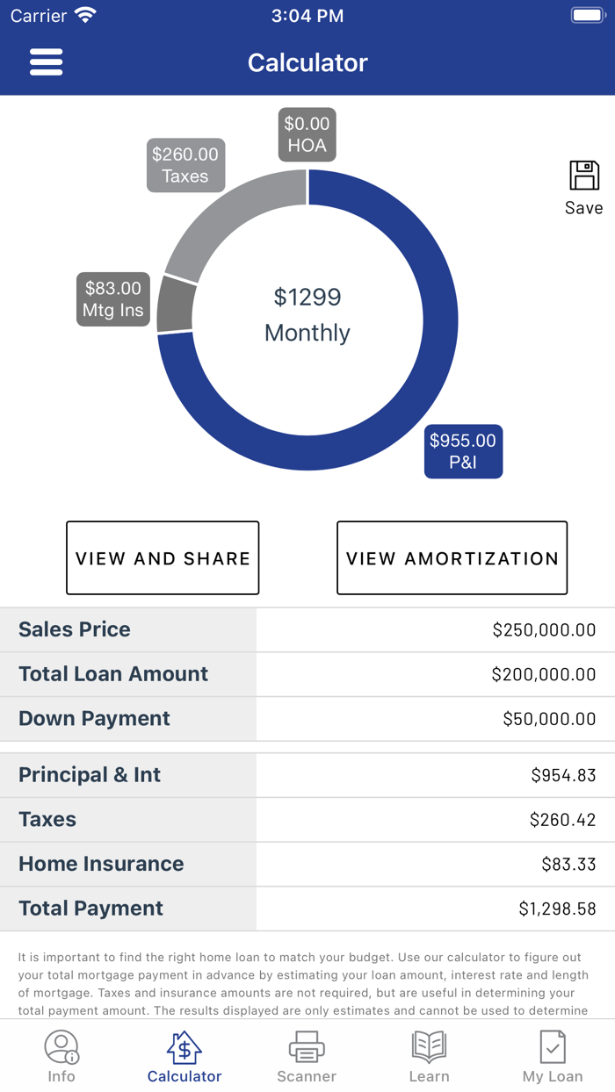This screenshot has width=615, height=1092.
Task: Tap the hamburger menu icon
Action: tap(46, 62)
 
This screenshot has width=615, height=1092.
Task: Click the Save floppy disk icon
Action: tap(583, 176)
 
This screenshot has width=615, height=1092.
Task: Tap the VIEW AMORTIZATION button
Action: tap(452, 558)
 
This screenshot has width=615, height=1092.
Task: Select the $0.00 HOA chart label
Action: tap(307, 134)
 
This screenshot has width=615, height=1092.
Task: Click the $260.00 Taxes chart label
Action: tap(185, 165)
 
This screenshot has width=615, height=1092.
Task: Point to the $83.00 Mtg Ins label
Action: tap(112, 299)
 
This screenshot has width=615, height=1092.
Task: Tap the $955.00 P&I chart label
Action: tap(463, 451)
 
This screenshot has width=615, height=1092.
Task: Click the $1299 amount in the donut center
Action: tap(307, 298)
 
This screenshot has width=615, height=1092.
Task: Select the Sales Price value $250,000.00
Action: tap(544, 629)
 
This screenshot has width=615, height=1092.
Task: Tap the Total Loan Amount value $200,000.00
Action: tap(544, 674)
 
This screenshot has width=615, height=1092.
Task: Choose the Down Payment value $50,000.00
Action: tap(549, 719)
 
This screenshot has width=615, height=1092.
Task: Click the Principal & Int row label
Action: tap(90, 775)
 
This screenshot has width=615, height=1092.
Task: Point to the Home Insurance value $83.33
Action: tap(568, 864)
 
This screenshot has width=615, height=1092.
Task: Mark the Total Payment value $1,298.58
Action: tap(557, 909)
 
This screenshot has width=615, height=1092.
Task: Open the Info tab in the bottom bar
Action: tap(61, 1057)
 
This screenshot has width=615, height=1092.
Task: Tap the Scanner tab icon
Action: tap(307, 1048)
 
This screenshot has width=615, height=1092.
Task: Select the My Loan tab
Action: tap(553, 1057)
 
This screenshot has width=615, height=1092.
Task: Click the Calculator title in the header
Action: tap(307, 62)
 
